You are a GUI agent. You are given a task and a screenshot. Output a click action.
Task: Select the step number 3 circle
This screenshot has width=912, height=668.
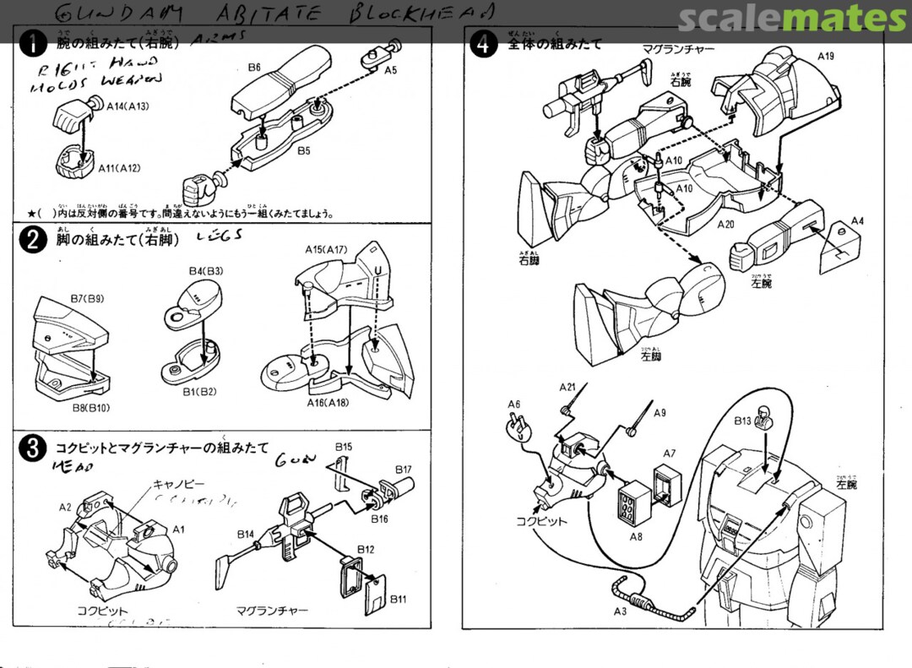pyautogui.click(x=32, y=449)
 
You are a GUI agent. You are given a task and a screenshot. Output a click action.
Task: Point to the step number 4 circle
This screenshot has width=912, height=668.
pyautogui.click(x=482, y=45)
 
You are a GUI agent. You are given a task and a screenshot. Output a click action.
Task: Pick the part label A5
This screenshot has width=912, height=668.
pyautogui.click(x=390, y=71)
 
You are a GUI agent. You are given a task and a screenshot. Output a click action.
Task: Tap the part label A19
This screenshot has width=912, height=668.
pyautogui.click(x=825, y=56)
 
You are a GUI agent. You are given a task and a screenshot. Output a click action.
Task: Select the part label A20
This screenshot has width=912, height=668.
pyautogui.click(x=726, y=225)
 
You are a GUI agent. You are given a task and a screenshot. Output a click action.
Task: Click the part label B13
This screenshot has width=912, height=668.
pyautogui.click(x=742, y=420)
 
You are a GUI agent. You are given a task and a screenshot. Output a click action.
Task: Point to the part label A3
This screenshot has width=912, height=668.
pyautogui.click(x=620, y=611)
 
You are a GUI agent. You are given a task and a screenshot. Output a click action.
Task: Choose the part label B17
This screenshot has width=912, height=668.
pyautogui.click(x=403, y=470)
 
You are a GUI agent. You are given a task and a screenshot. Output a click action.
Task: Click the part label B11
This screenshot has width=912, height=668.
pyautogui.click(x=398, y=599)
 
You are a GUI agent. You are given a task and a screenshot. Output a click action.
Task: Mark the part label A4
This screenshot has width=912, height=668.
pyautogui.click(x=857, y=220)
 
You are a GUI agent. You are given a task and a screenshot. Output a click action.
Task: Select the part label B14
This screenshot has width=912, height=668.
pyautogui.click(x=246, y=534)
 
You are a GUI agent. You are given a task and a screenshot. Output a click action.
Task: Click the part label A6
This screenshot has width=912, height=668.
pyautogui.click(x=514, y=404)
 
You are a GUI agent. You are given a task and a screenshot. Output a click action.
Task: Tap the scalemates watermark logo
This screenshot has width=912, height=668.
pyautogui.click(x=791, y=18)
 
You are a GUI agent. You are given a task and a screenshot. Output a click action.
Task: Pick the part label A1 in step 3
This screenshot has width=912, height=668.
pyautogui.click(x=178, y=529)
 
